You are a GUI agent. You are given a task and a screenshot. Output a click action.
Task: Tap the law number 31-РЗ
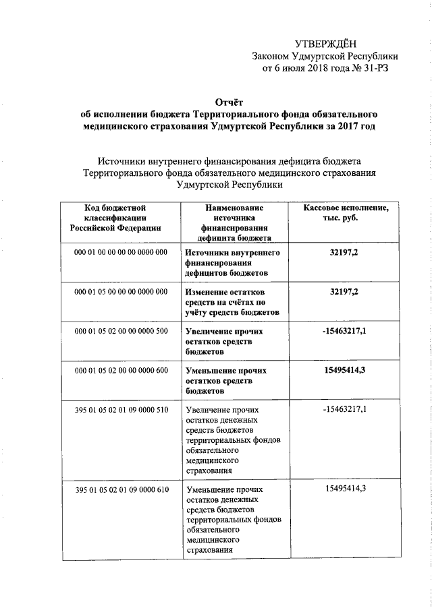374,68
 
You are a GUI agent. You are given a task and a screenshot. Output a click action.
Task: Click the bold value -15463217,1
344,331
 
